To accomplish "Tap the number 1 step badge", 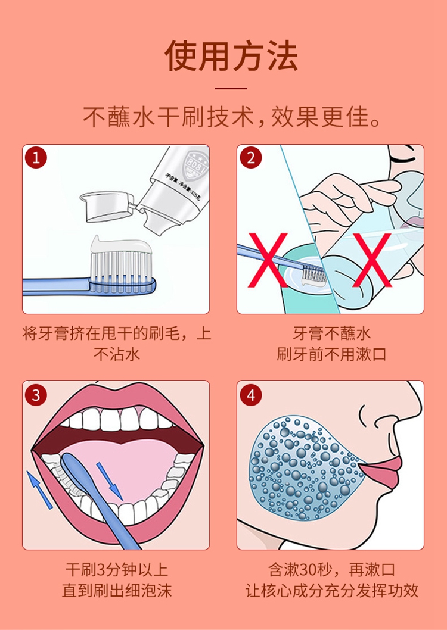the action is point(36,158).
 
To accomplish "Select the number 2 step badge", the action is point(251,158).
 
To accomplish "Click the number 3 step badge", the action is point(36,395).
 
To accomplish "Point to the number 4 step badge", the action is point(251,395).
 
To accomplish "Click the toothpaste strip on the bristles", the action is point(120,244).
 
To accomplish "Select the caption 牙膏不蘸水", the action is point(331,333).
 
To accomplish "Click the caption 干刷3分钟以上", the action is point(117,570).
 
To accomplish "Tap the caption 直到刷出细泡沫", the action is point(117,591).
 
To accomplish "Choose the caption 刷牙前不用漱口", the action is point(331,354).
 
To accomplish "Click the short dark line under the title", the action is point(231,88).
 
